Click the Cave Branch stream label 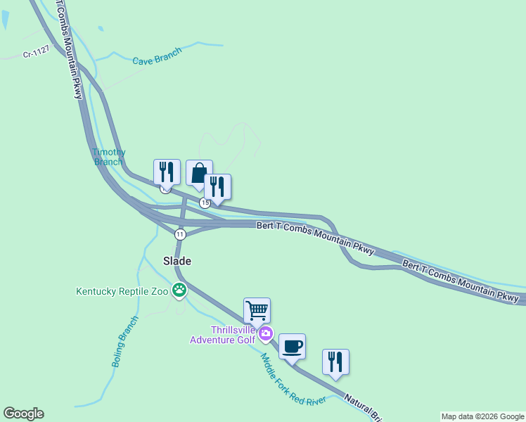coord(158,56)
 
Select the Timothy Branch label coord(108,156)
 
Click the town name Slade coord(177,260)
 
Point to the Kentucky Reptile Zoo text coord(123,291)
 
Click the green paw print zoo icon coord(180,289)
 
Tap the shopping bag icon coord(199,173)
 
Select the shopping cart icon coord(257,310)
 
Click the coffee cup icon coord(292,346)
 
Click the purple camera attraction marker coord(266,333)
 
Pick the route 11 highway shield coord(181,234)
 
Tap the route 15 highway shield coord(204,203)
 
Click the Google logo coord(23,414)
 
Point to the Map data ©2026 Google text coord(482,416)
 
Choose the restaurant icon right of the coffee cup coord(335,362)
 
